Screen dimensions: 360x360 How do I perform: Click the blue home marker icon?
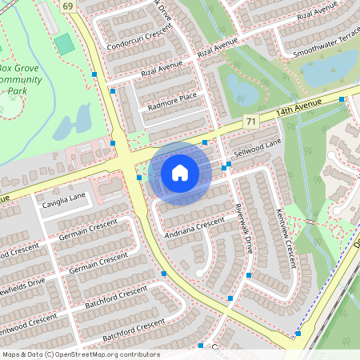(180, 173)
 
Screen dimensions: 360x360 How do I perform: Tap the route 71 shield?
(251, 121)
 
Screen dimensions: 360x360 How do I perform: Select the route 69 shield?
(66, 7)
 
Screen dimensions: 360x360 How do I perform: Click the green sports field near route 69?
(65, 44)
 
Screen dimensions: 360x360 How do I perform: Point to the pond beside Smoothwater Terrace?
(327, 70)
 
